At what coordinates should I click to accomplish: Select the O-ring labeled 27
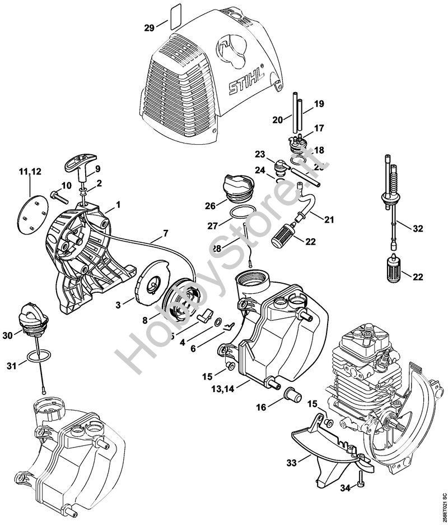point(241,214)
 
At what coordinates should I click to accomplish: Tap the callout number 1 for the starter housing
point(118,205)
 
